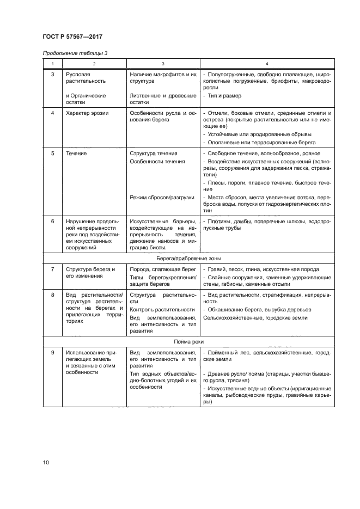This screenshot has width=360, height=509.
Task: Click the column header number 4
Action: [266, 63]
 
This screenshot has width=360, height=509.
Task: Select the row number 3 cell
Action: [52, 74]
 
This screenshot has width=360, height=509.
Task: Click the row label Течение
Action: [76, 154]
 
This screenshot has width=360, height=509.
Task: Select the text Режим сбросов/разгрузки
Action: [162, 197]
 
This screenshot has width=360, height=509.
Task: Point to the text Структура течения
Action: [154, 154]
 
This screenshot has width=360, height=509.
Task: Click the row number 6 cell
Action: [52, 222]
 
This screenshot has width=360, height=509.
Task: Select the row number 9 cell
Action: [52, 353]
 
